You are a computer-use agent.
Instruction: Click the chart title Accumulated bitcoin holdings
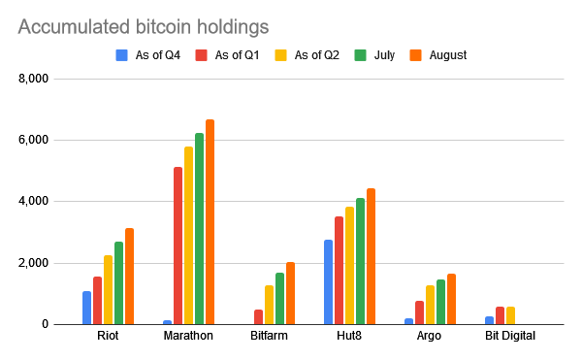(x=144, y=26)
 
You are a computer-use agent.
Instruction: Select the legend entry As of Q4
(x=154, y=55)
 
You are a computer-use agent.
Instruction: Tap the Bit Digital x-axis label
(x=510, y=337)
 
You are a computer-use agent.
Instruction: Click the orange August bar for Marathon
(x=210, y=222)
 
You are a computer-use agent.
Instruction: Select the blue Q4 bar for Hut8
(x=328, y=282)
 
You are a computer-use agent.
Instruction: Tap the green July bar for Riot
(x=118, y=283)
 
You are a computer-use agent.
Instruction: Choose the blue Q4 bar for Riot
(x=86, y=308)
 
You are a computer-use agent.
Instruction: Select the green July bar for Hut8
(x=360, y=261)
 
